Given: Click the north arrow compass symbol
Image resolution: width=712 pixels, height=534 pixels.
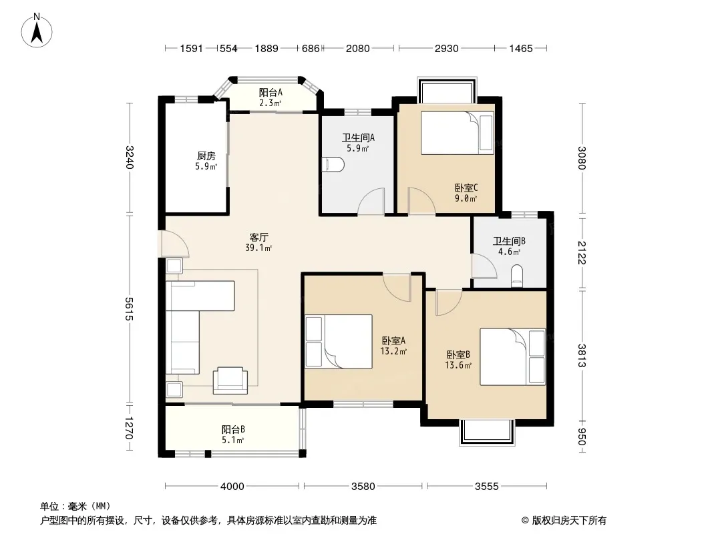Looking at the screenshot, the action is click(37, 31).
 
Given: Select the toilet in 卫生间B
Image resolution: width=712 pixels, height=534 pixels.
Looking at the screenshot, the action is click(517, 276).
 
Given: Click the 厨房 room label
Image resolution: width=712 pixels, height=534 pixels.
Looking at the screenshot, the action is click(206, 156).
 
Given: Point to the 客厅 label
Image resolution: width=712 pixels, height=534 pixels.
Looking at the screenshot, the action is click(259, 237).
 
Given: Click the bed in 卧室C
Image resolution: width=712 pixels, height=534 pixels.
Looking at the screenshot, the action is click(457, 132).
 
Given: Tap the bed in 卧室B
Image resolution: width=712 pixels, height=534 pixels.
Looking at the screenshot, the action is click(513, 356).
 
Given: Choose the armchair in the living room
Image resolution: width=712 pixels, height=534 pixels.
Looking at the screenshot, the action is click(230, 380).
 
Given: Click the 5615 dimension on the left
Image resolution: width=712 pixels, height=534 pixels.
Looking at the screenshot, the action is click(129, 309).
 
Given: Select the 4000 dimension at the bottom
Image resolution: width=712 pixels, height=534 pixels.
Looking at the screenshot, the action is click(232, 487).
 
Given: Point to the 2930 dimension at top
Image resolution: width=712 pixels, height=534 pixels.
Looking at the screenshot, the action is click(446, 48).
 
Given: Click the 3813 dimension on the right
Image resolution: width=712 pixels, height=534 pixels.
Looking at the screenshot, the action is click(582, 356).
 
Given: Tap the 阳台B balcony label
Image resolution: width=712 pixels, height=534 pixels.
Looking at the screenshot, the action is click(233, 429).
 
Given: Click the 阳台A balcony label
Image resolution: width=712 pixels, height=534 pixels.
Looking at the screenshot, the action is click(271, 92).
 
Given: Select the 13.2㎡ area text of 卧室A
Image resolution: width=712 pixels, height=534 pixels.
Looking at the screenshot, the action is click(393, 351).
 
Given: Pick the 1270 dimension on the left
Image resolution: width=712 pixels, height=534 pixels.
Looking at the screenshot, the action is click(129, 429).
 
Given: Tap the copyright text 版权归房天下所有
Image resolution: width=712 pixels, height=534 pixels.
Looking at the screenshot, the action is click(569, 521).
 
